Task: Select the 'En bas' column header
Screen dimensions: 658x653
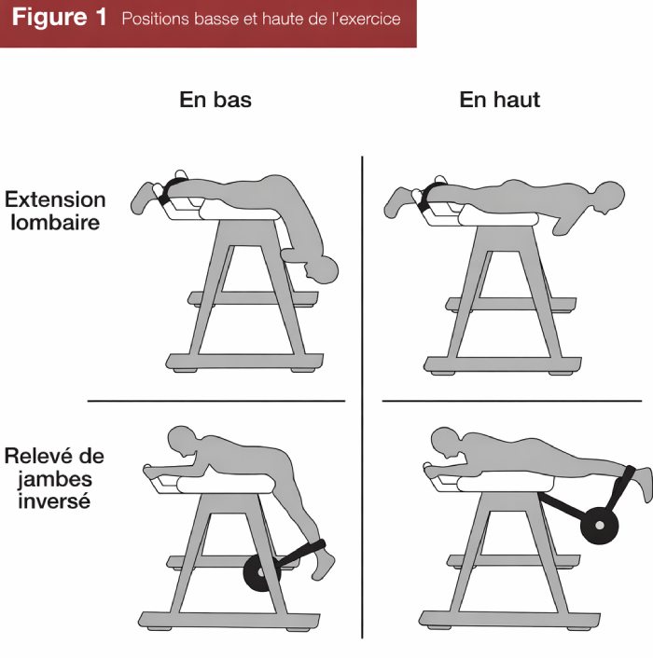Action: [215, 100]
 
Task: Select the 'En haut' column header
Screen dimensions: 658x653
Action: [499, 100]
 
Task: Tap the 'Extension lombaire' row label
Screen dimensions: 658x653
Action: [55, 212]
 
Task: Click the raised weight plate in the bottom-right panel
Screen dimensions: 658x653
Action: [599, 525]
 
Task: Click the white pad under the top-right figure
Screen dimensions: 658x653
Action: [494, 218]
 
